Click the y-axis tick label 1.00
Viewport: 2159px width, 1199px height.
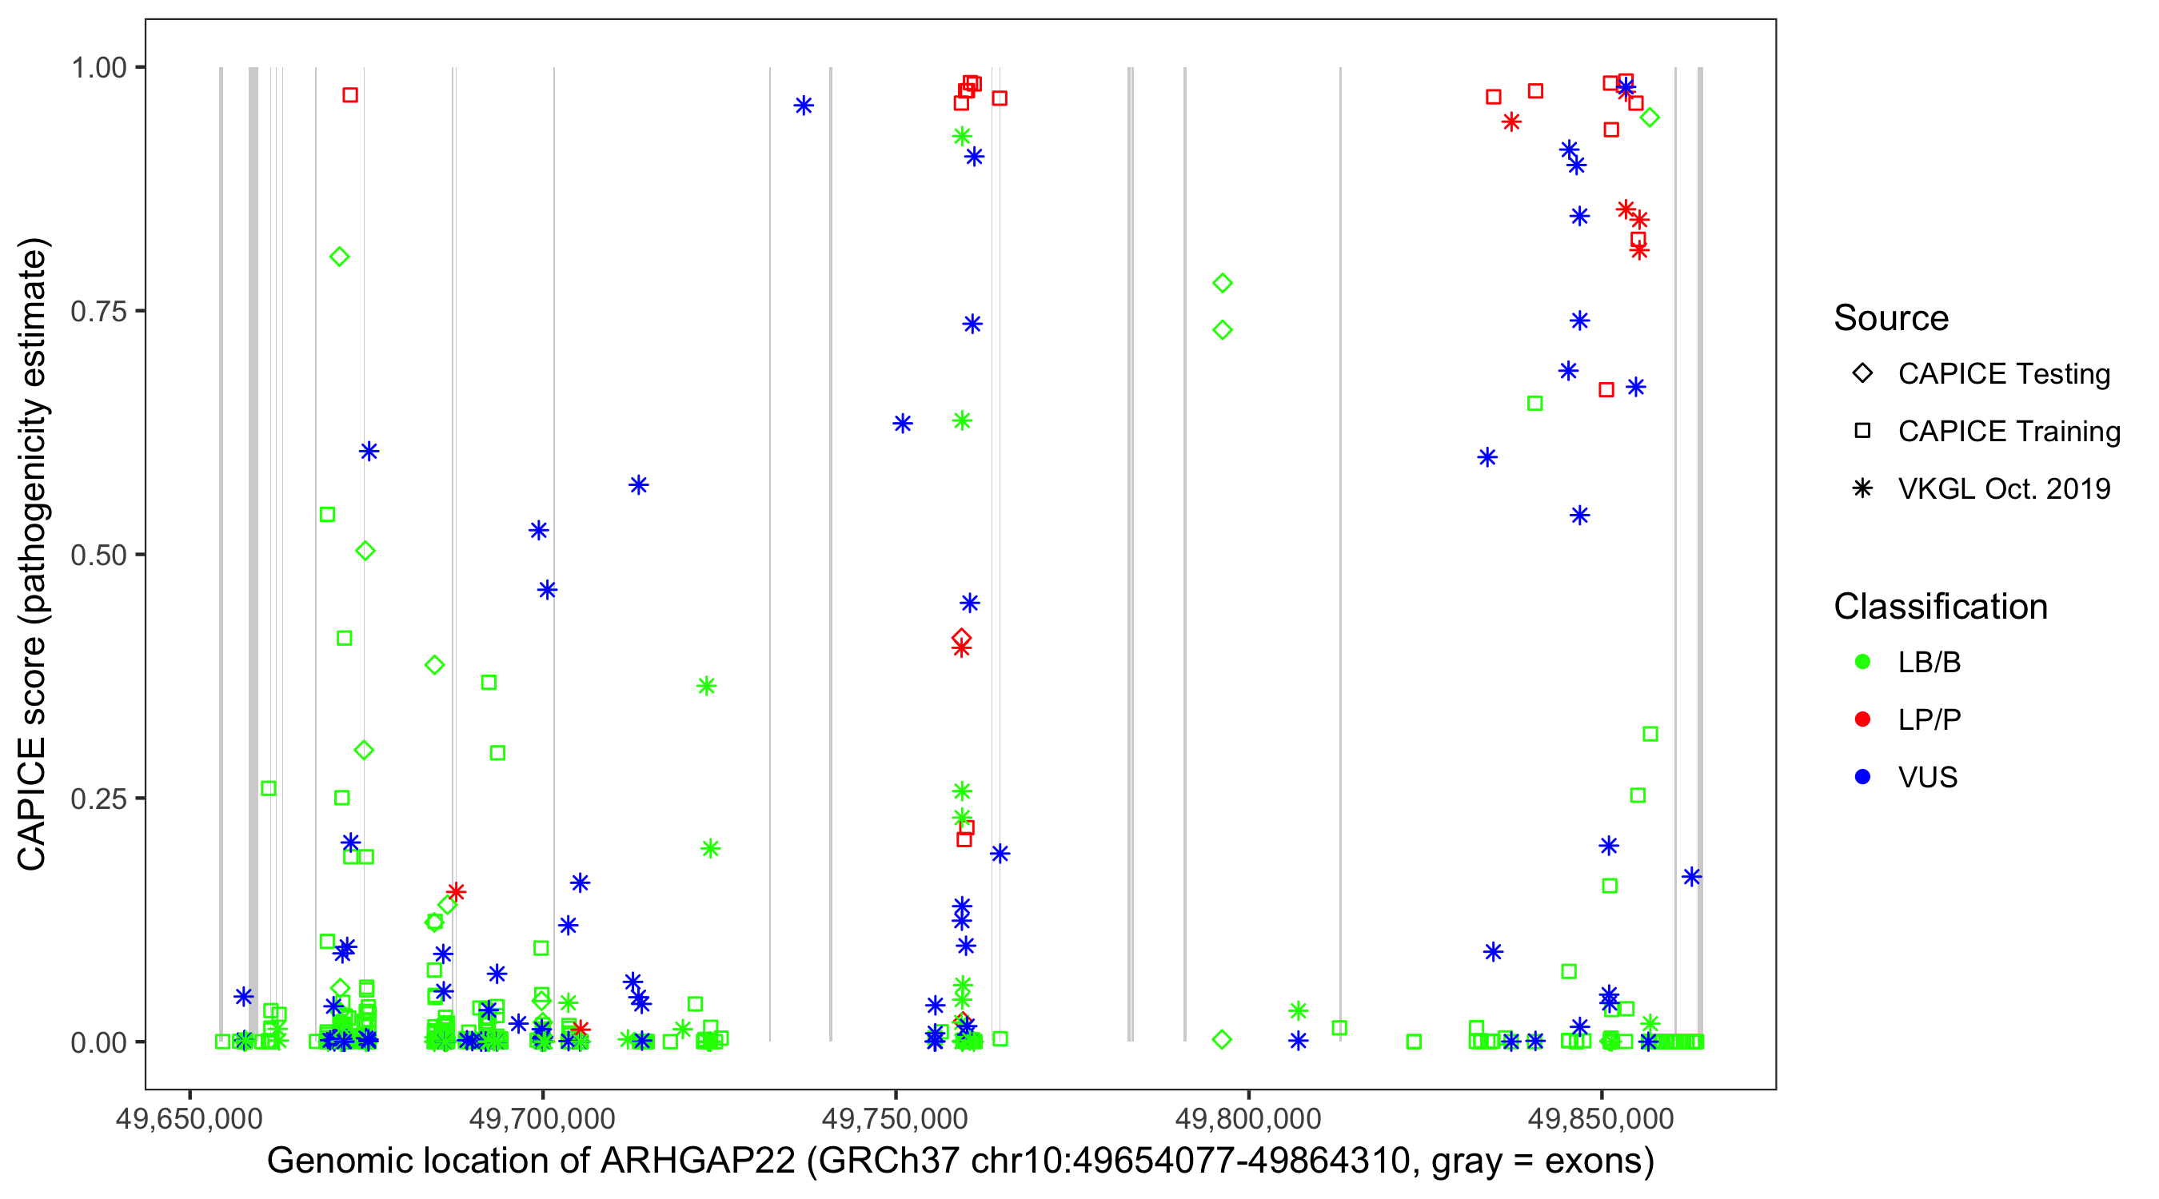click(98, 68)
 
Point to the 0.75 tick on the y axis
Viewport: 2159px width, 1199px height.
click(98, 312)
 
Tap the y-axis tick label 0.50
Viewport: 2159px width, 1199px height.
click(98, 556)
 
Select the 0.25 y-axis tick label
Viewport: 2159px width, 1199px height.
click(98, 799)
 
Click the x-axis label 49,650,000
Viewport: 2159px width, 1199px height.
click(190, 1118)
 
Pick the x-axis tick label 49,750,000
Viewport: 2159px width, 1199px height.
click(895, 1118)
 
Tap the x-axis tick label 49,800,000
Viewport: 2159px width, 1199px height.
click(1249, 1118)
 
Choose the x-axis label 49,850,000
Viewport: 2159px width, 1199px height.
click(1602, 1118)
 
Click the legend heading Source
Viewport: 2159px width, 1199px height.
click(1891, 318)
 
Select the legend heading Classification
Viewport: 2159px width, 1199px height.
click(1940, 607)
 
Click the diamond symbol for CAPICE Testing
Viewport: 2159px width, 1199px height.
click(1862, 374)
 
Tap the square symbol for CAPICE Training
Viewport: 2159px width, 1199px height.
click(1862, 432)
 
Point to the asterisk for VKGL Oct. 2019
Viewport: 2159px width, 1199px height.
click(1862, 488)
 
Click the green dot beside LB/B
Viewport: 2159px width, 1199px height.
click(1862, 662)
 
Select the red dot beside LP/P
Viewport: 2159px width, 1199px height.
click(1862, 719)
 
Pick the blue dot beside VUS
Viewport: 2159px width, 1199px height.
click(1862, 777)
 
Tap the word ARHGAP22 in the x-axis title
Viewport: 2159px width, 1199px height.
click(698, 1161)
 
